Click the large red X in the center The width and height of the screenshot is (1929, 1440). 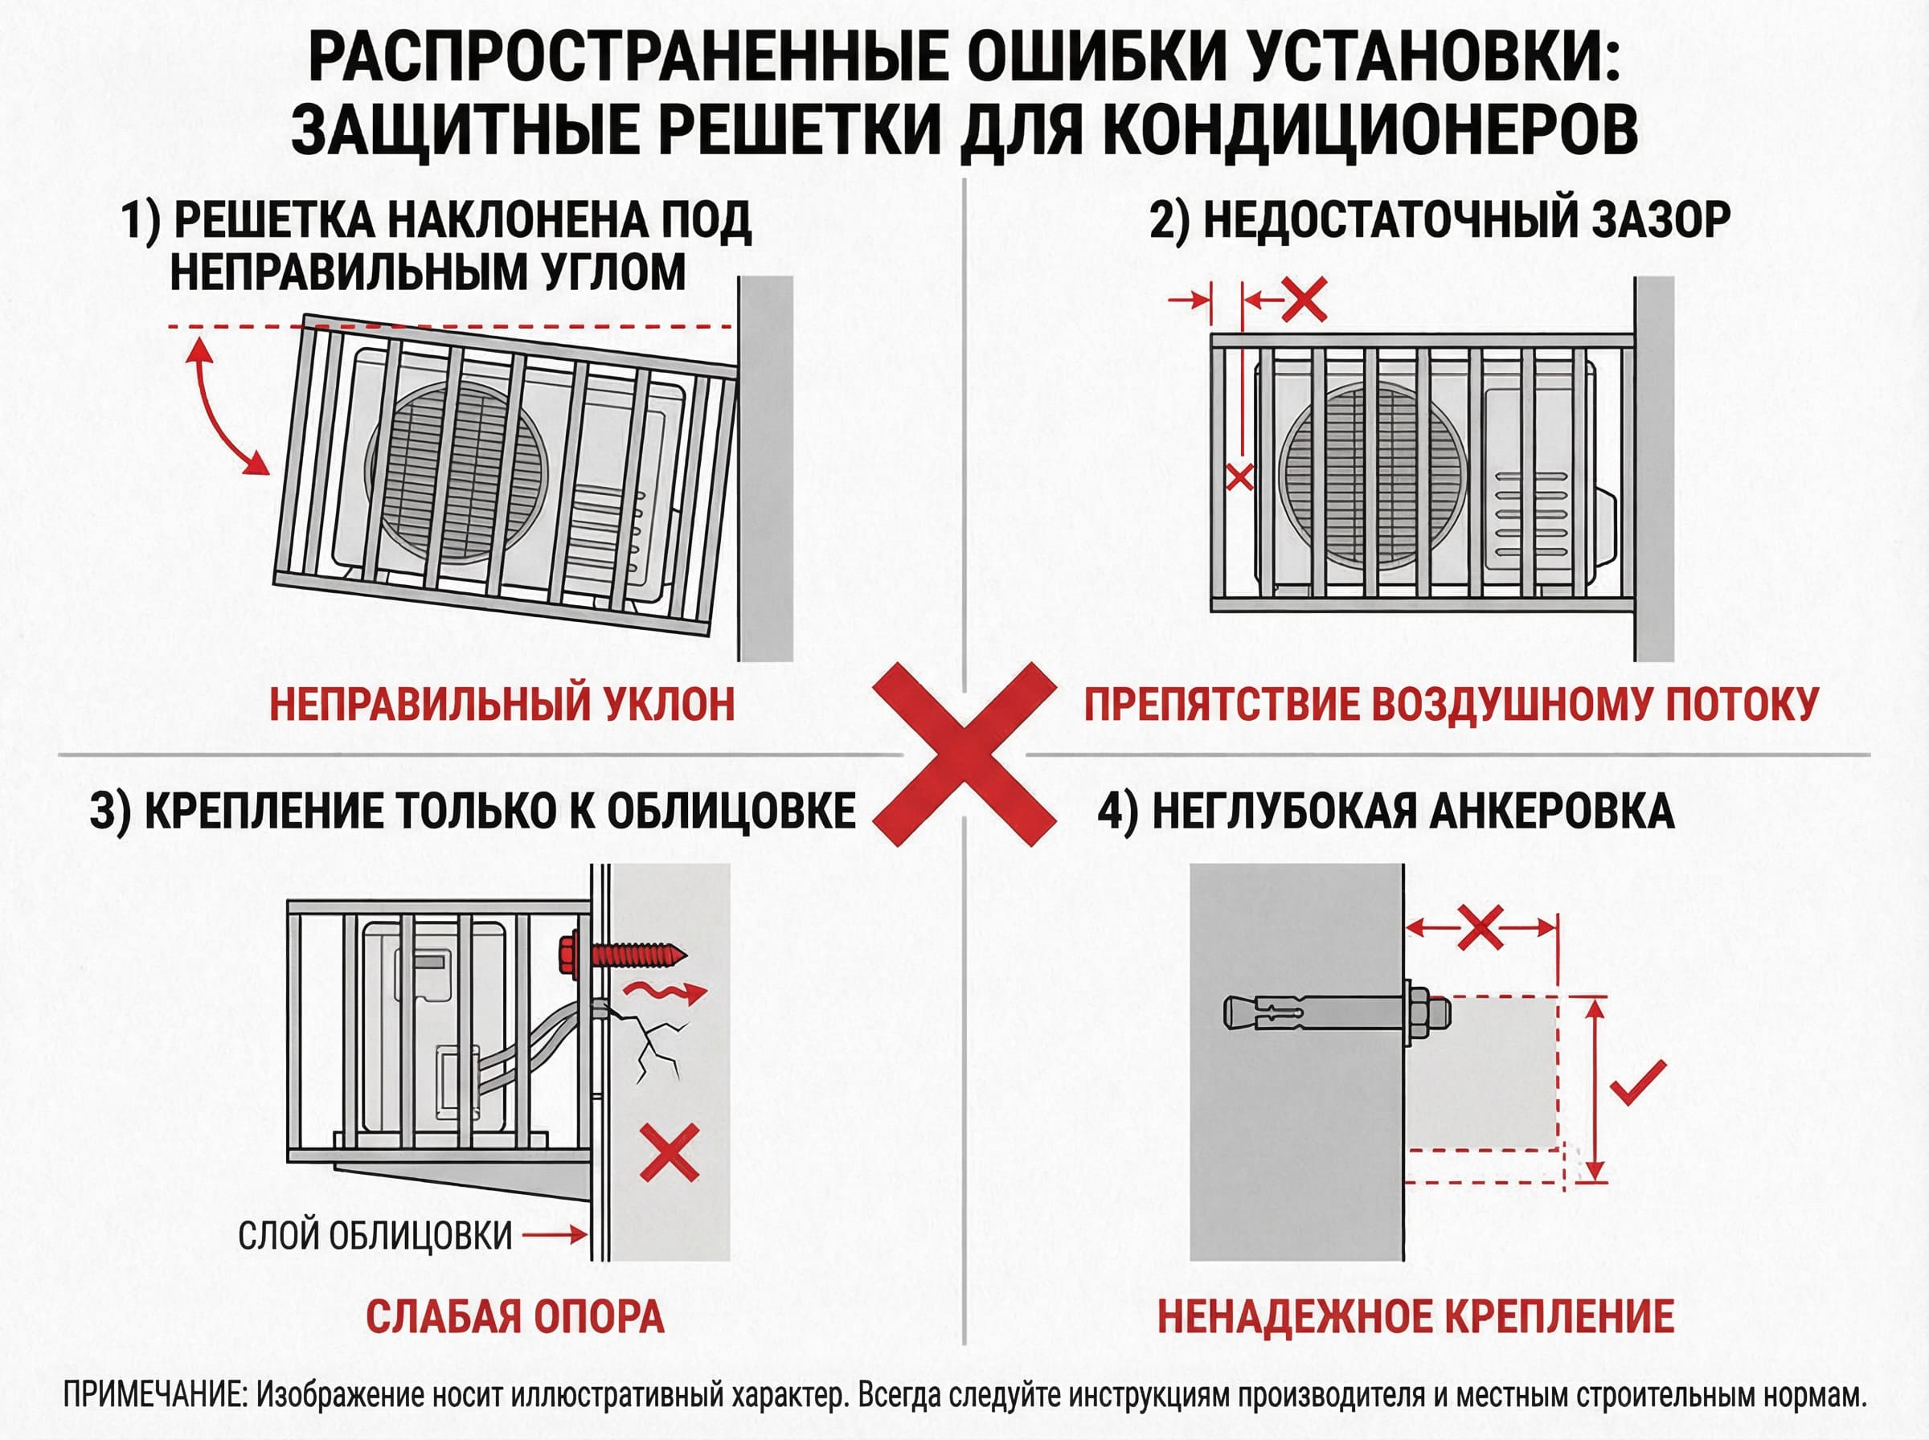(x=964, y=754)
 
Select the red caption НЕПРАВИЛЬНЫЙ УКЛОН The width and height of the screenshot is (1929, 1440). (x=502, y=704)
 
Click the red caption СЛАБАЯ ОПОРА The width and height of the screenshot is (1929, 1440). (x=514, y=1316)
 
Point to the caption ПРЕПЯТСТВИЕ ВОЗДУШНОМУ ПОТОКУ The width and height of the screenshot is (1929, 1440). (x=1452, y=704)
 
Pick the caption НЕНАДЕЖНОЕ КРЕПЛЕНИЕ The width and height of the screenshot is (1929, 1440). (x=1415, y=1316)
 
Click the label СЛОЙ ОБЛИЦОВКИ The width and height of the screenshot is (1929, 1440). (x=375, y=1235)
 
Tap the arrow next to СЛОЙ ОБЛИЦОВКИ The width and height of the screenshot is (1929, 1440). (x=555, y=1234)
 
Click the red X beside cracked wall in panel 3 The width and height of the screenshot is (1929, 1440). (x=670, y=1152)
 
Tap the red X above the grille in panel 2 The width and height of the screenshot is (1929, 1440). (x=1304, y=300)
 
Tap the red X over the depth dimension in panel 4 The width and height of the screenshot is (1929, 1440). (x=1480, y=927)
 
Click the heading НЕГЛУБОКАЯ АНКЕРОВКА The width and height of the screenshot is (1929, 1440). (x=1385, y=812)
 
